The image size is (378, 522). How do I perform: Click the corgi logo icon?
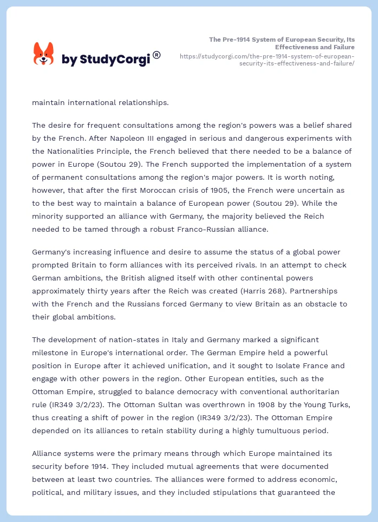(x=44, y=55)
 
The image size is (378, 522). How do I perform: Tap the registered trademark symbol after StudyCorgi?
(x=157, y=55)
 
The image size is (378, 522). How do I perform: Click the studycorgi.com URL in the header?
(x=266, y=60)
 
